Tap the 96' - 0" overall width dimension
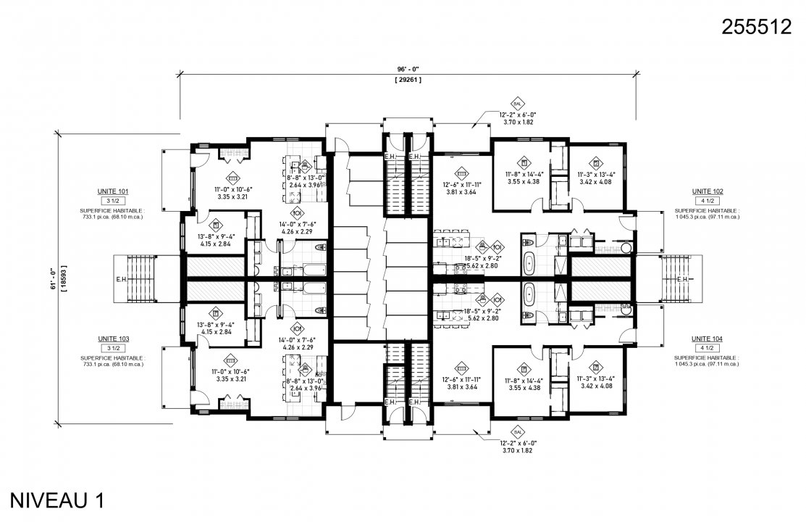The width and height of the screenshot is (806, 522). pyautogui.click(x=408, y=69)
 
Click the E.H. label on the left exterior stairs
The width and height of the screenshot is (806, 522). pyautogui.click(x=120, y=278)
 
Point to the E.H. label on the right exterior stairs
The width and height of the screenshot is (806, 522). pyautogui.click(x=681, y=278)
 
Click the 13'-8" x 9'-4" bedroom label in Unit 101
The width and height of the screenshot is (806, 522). pyautogui.click(x=217, y=237)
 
